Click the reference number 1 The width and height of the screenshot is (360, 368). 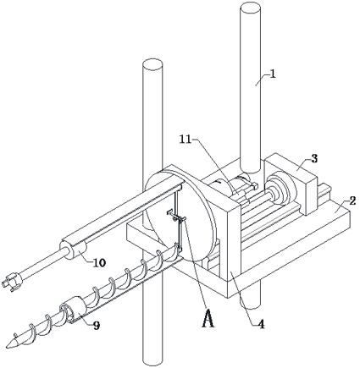pos(273,74)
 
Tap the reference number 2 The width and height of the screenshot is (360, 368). pos(352,201)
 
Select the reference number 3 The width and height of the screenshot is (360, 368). pos(314,158)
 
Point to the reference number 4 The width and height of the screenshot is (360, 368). pos(262,323)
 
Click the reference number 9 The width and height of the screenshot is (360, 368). pos(97,326)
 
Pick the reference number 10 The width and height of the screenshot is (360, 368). pos(99,262)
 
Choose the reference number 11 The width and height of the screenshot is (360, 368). pos(186,140)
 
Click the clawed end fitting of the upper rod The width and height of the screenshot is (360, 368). pos(12,282)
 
